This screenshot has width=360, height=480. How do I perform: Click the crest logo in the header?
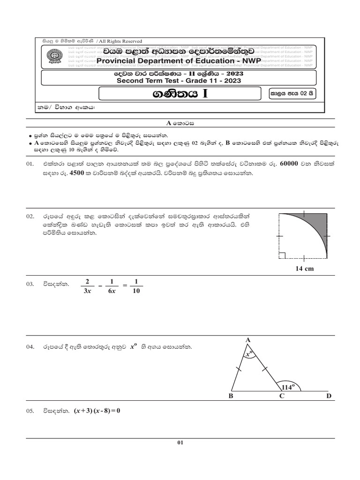click(x=50, y=57)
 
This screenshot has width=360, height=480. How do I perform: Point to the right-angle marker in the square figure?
click(x=282, y=255)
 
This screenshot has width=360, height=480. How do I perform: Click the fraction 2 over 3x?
click(x=87, y=285)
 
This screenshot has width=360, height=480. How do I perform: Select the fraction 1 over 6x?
click(x=111, y=285)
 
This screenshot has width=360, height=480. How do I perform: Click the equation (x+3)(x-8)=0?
click(x=97, y=411)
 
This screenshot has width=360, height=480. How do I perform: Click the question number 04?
click(x=30, y=347)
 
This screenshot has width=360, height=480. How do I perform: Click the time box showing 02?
click(x=290, y=93)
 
